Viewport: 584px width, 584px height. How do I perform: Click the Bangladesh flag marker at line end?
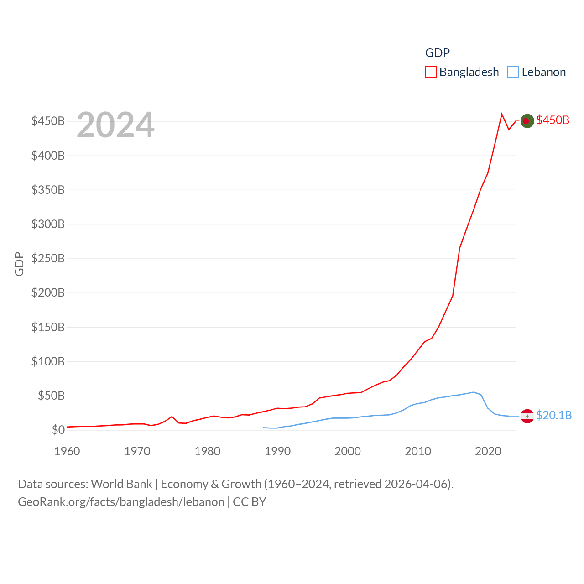[x=527, y=121]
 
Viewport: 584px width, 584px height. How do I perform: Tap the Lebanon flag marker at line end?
[x=527, y=416]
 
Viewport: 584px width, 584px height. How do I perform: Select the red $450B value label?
[x=553, y=120]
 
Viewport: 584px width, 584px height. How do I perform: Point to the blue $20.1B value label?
[x=553, y=415]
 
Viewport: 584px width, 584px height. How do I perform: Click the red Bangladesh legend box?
[x=431, y=72]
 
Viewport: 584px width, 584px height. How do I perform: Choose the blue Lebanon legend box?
[x=513, y=72]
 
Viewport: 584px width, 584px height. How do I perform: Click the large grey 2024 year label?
[x=115, y=125]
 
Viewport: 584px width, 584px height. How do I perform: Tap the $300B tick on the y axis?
[x=48, y=224]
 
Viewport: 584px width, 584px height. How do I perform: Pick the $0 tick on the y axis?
[x=58, y=430]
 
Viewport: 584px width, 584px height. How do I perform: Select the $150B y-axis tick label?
[x=48, y=327]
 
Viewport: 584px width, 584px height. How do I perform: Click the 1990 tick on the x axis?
[x=277, y=451]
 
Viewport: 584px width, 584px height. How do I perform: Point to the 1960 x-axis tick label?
[x=67, y=451]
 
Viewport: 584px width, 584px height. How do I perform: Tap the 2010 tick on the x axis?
[x=418, y=451]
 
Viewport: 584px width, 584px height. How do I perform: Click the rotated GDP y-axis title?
[x=19, y=264]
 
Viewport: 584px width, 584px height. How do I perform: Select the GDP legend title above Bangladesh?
[x=437, y=53]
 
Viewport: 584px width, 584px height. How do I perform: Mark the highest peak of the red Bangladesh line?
[x=502, y=114]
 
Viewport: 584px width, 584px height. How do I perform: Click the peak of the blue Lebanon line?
[x=474, y=392]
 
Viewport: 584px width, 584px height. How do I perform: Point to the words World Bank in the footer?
[x=121, y=484]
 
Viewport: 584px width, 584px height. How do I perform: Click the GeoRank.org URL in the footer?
[x=121, y=502]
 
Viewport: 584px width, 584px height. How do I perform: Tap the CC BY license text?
[x=249, y=502]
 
